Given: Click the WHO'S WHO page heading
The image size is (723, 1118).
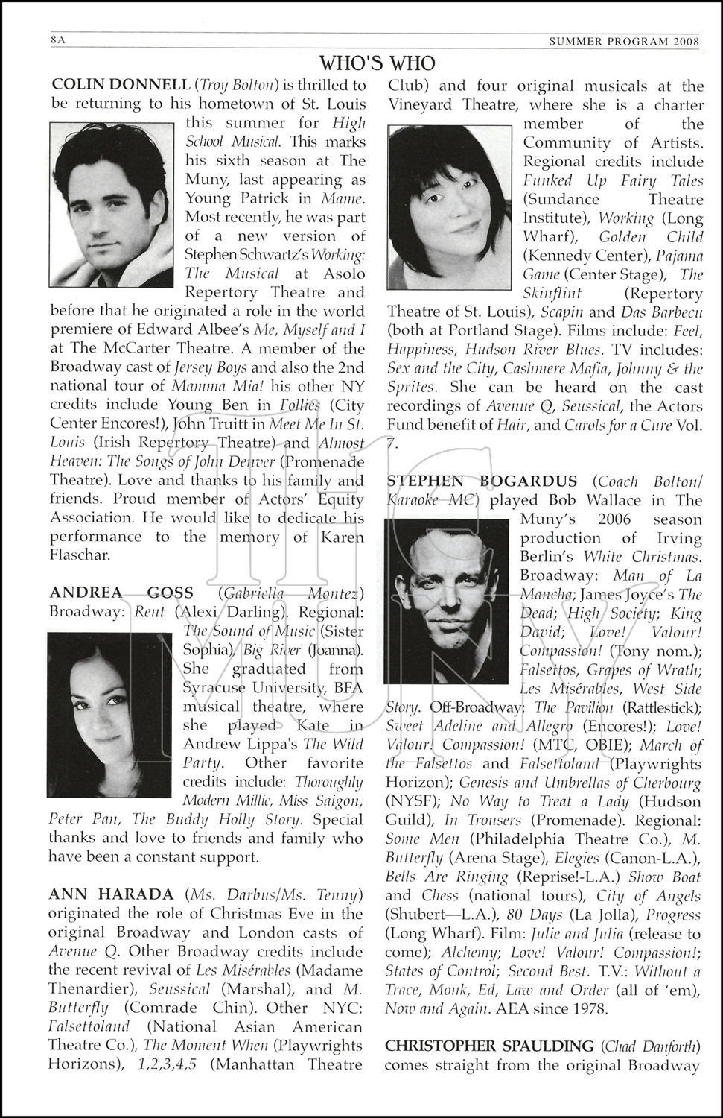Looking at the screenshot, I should click(378, 63).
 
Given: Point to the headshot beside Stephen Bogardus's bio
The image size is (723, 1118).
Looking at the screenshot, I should click(448, 601).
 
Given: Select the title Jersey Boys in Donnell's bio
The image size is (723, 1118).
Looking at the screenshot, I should click(211, 368).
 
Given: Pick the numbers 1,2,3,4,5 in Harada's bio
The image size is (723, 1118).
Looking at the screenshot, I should click(168, 1064).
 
